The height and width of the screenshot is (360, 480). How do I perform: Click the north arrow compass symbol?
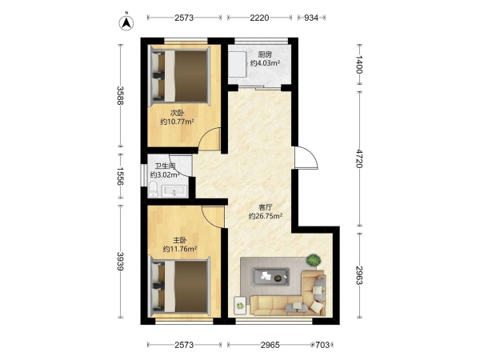[x=126, y=22]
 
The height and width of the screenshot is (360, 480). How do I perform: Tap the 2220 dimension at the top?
[x=259, y=18]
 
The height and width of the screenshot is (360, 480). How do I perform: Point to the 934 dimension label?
[x=311, y=18]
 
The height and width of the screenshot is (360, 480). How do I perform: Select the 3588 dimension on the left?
[x=120, y=95]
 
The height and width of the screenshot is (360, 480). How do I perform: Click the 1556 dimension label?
[x=120, y=176]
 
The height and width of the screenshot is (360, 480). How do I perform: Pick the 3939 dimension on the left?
[x=120, y=261]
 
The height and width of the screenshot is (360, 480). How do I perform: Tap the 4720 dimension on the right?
[x=359, y=158]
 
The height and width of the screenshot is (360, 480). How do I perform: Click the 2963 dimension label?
[x=359, y=274]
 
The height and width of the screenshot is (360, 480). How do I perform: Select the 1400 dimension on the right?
[x=359, y=65]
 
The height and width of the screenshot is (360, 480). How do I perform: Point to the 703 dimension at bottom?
[x=322, y=345]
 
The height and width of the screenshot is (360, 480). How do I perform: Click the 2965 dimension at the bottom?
[x=270, y=345]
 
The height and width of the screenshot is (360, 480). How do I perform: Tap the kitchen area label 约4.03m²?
[x=266, y=63]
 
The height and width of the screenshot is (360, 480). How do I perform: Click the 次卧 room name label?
[x=178, y=113]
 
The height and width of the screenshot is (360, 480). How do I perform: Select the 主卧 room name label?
[x=180, y=240]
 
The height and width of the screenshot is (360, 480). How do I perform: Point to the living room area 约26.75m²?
[x=266, y=216]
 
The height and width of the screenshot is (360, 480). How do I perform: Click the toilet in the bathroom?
[x=153, y=189]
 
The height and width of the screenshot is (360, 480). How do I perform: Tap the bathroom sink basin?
[x=174, y=191]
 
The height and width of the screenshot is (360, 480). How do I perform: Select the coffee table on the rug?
[x=270, y=277]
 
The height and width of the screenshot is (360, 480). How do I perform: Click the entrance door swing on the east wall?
[x=306, y=158]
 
